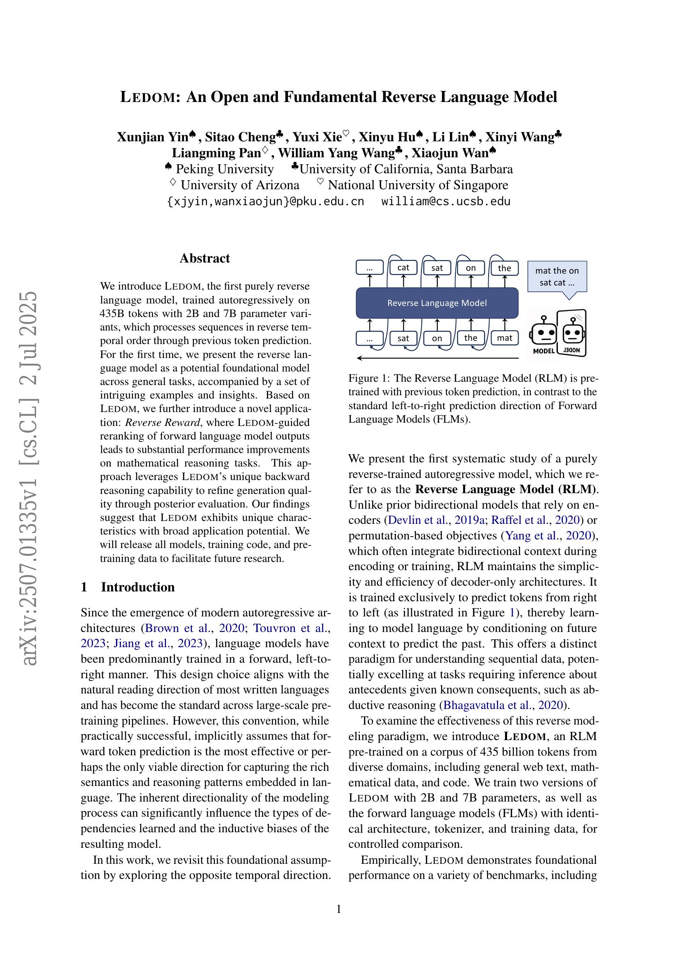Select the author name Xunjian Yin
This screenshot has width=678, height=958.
(x=152, y=137)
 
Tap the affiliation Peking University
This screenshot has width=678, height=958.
(x=224, y=169)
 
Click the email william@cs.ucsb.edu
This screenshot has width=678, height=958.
(x=446, y=202)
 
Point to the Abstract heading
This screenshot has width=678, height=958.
(x=205, y=258)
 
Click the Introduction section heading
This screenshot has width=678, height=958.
(x=137, y=587)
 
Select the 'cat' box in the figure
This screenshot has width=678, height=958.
(x=403, y=268)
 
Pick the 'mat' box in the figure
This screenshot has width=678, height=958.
(x=504, y=338)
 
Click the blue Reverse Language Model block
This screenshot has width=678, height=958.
(x=437, y=303)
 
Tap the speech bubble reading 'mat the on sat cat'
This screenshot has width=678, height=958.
(x=557, y=276)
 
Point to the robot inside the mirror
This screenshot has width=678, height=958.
(x=573, y=332)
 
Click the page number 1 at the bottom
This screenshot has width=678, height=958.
(x=339, y=909)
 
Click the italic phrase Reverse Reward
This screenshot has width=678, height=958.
(x=162, y=422)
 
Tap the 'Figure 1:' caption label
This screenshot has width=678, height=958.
(x=369, y=378)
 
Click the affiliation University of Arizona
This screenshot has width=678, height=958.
(x=240, y=185)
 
